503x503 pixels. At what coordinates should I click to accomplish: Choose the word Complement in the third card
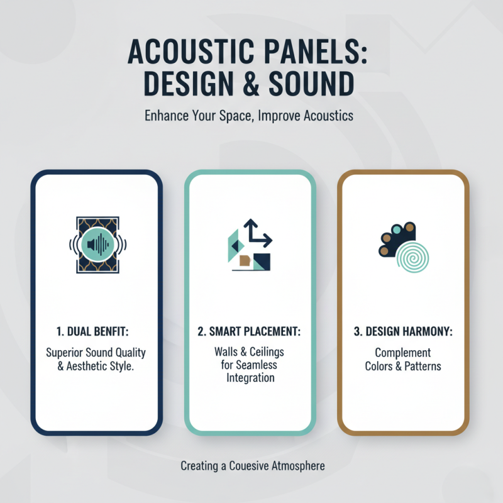pos(403,353)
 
